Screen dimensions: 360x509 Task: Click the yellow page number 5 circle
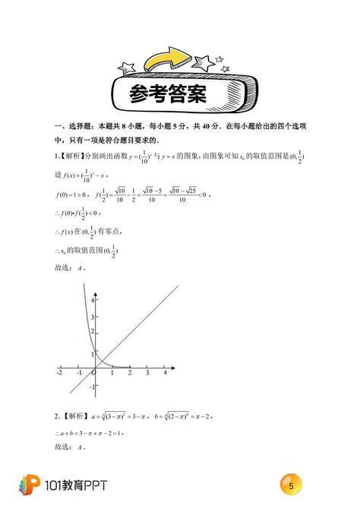tap(292, 484)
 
